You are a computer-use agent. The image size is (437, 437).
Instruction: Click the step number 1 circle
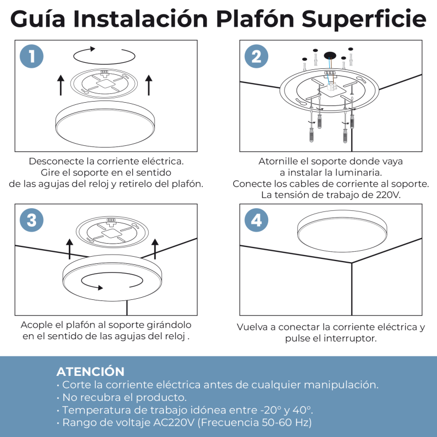(32, 56)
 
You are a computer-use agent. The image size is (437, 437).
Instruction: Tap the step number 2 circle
(256, 56)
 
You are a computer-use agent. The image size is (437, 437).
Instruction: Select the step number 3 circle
(32, 220)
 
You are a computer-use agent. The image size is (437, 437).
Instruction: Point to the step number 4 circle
(256, 220)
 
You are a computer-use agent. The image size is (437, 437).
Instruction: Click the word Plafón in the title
(255, 19)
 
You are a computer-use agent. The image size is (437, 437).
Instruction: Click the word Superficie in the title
(364, 20)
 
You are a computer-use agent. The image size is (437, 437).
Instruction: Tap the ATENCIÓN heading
(90, 371)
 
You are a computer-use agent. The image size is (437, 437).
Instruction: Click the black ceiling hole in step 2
(330, 56)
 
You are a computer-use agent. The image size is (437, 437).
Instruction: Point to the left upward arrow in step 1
(61, 85)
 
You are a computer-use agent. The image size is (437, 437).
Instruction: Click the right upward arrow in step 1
(149, 85)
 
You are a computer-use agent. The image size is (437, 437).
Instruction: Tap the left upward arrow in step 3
(70, 249)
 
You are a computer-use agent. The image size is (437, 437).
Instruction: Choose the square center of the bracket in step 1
(104, 84)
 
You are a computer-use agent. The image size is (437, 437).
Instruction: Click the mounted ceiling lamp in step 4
(342, 231)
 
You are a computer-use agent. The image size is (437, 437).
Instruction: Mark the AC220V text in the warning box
(174, 422)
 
